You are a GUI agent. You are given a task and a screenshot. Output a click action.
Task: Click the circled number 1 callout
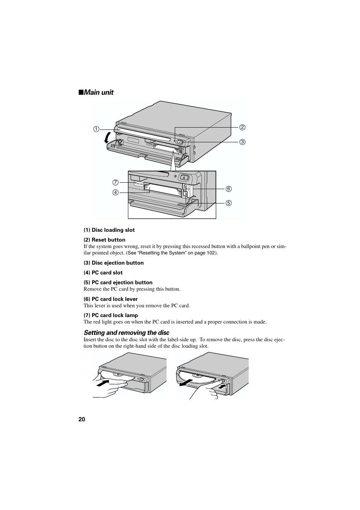coord(96,129)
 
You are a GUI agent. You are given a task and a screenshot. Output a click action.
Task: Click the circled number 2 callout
coord(242,127)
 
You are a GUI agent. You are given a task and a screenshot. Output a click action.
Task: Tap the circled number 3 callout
coord(242,142)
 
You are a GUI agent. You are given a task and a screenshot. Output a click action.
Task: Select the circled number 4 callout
coord(115,193)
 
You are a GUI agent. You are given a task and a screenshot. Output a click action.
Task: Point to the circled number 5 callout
coord(229,203)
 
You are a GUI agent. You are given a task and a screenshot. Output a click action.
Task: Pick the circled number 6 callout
coord(229,189)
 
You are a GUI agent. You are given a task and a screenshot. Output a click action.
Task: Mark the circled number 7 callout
coord(115,182)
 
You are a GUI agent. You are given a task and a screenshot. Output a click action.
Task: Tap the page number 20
coord(82,419)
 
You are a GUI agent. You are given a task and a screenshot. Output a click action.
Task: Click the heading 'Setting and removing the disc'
coord(126,333)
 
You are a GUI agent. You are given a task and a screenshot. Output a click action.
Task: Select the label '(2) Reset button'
coord(105,240)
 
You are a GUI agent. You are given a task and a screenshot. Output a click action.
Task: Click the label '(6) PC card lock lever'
coord(111,299)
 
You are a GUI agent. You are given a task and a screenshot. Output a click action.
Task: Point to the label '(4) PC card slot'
coord(103,273)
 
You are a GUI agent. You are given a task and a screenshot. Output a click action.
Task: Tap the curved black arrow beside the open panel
coord(107,138)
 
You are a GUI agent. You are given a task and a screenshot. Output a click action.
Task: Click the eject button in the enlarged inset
coord(184,177)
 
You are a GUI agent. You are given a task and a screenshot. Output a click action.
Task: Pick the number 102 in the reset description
coord(210,253)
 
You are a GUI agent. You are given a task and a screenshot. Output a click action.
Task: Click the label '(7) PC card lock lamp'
coord(111,315)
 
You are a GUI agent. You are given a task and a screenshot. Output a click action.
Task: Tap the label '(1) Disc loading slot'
coord(109,230)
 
